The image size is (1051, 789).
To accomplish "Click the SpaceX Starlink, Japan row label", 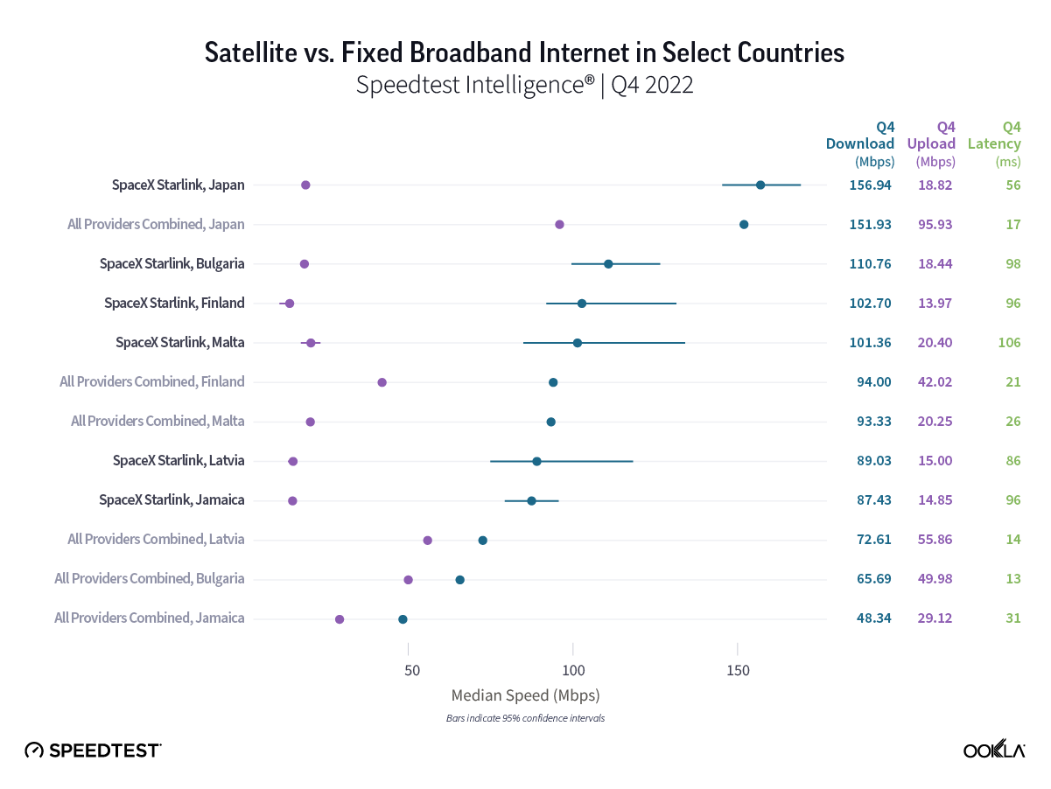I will point(178,185).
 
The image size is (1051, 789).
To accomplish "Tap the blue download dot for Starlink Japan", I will point(760,185).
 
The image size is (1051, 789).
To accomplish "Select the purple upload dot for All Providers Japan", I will point(559,225).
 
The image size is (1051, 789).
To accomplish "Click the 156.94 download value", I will point(870,185).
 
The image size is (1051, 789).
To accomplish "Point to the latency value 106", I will point(1009,342).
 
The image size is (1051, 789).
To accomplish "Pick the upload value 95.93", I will point(934,224).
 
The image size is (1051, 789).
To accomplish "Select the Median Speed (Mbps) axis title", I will point(525,696).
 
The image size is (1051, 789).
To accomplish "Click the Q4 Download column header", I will point(860,143).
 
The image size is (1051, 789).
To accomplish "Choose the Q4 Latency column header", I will point(994,143).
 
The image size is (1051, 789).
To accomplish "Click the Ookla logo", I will point(994,750).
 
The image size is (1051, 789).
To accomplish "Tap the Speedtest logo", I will point(93,750).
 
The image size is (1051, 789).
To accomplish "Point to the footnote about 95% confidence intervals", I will point(525,718).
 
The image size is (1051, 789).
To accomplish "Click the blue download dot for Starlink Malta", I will point(578,343).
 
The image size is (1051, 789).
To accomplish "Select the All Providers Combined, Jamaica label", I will point(149,618).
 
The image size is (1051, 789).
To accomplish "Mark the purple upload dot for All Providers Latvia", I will point(427,541).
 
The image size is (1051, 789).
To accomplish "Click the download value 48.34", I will point(873,618).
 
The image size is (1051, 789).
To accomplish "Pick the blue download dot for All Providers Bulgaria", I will point(459,580).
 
